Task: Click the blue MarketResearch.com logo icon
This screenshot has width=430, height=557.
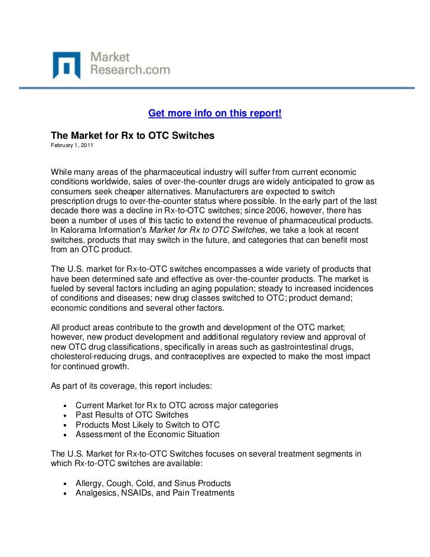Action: point(66,65)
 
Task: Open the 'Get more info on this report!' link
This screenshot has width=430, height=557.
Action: point(214,113)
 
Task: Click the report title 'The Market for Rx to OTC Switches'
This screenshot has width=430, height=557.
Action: point(132,135)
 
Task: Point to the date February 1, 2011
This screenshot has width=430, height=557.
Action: point(71,145)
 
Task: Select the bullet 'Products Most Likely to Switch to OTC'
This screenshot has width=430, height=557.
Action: point(148,425)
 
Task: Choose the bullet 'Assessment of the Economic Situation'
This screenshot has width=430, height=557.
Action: point(148,434)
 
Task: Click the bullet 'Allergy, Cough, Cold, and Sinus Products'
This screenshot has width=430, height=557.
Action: point(153,483)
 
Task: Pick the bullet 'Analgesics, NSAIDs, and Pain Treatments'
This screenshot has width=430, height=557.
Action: point(155,493)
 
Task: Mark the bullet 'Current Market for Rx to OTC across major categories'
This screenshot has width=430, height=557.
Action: point(177,406)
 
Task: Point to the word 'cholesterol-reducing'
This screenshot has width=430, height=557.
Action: point(92,357)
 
